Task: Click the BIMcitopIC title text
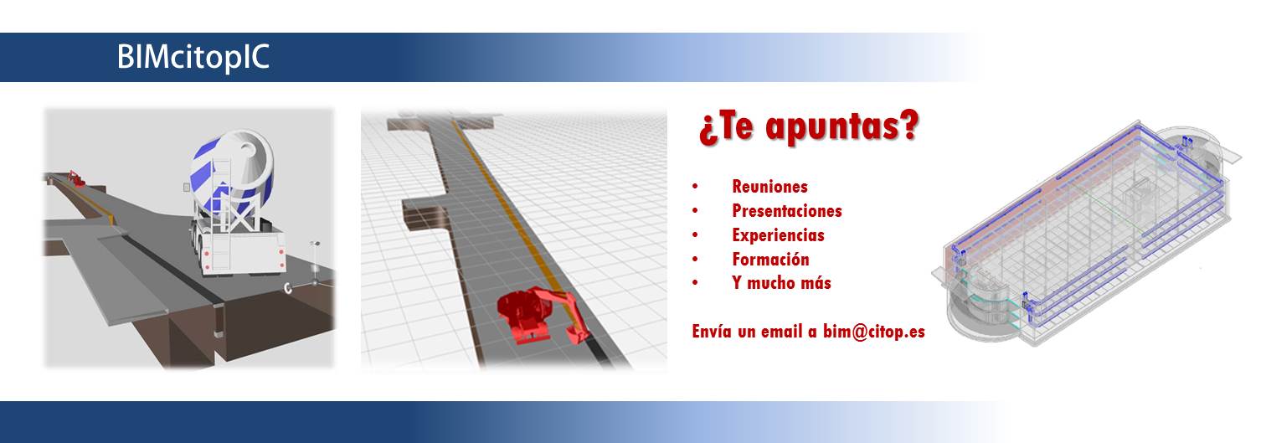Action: coord(193,58)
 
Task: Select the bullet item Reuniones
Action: coord(769,187)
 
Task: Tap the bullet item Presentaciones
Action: coord(787,211)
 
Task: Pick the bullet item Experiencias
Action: coord(778,235)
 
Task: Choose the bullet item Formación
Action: coord(770,260)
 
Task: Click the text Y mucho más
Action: coord(781,282)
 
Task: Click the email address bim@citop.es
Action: coord(874,331)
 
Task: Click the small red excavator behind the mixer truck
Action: coord(76,178)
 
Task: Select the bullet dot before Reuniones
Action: coord(695,187)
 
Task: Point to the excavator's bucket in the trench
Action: coord(579,337)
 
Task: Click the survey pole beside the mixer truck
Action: coord(315,264)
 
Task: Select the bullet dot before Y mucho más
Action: coord(695,282)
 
